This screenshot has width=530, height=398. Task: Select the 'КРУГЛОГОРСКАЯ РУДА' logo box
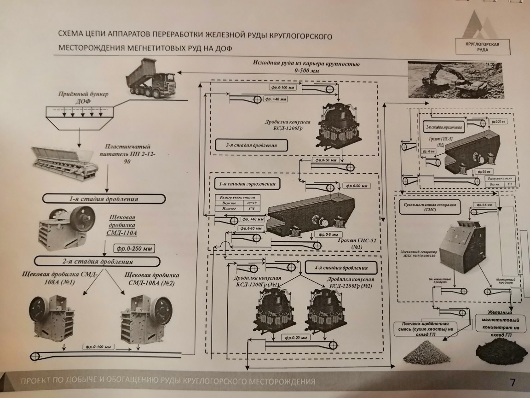pos(483,47)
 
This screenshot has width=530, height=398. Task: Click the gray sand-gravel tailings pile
pos(424,354)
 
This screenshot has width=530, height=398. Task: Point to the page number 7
pos(513,382)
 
